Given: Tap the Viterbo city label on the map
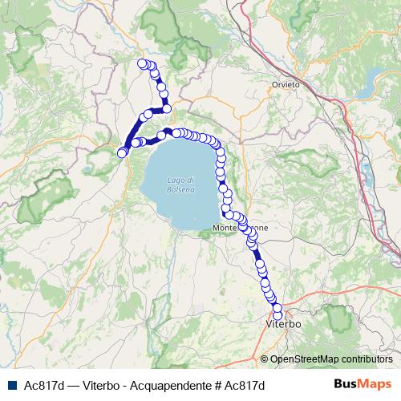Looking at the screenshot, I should pos(282,326).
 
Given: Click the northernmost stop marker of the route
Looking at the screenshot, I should pos(143,63).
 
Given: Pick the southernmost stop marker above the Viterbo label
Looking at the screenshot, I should pos(278,314).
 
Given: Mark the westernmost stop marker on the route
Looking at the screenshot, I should pos(123,152).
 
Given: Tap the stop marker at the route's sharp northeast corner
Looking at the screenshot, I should pos(167,108).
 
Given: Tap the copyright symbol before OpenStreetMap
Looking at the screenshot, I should pos(264,359).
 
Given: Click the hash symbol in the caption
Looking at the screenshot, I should pos(218,386).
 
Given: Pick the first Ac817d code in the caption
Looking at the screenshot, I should pos(44,386).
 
